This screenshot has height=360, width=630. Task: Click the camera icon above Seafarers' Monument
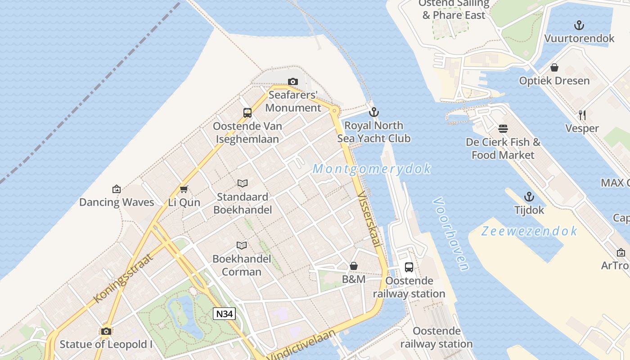point(293,81)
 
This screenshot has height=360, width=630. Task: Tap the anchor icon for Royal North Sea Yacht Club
point(374,112)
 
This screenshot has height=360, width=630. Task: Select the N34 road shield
point(224,314)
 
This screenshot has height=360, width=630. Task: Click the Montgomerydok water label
point(372,169)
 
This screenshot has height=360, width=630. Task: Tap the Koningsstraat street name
point(123,278)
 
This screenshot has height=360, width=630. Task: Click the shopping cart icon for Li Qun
point(184,189)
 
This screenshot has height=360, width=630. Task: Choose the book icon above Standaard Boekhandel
point(243,183)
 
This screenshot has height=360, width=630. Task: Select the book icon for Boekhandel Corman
point(242,245)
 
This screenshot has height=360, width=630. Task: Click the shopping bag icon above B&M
point(354,266)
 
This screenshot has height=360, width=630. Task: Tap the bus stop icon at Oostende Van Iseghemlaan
point(247,113)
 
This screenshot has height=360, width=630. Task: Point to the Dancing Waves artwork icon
point(117,189)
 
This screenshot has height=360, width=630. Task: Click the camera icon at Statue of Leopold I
point(106,332)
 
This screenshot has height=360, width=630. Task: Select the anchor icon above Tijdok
point(529,197)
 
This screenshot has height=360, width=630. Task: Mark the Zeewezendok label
point(529,231)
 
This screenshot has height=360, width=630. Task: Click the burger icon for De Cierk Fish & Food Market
point(503,129)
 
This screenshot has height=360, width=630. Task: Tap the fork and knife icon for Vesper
point(582,115)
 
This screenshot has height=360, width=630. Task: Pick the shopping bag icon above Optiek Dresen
point(554,67)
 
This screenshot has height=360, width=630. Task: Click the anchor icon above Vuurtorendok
point(579,25)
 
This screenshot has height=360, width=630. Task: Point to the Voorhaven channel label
point(451,234)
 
